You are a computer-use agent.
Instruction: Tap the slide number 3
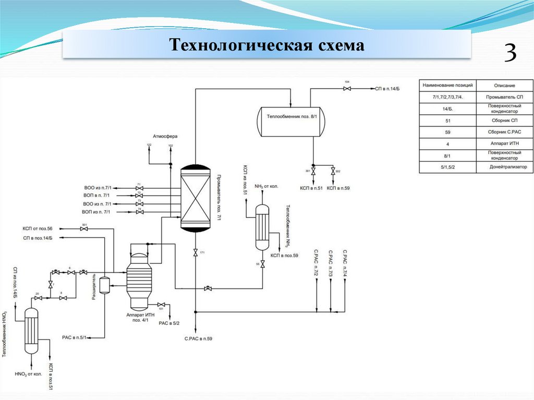tap(509, 53)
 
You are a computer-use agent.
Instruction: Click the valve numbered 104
tap(347, 89)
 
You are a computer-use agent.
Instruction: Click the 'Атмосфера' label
tap(165, 136)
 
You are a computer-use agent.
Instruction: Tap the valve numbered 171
tap(195, 253)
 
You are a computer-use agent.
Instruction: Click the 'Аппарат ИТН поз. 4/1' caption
tap(138, 318)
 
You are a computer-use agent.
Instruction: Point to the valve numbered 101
tap(161, 305)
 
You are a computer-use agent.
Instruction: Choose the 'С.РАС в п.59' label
tap(198, 339)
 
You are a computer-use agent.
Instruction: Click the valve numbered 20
tap(38, 298)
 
